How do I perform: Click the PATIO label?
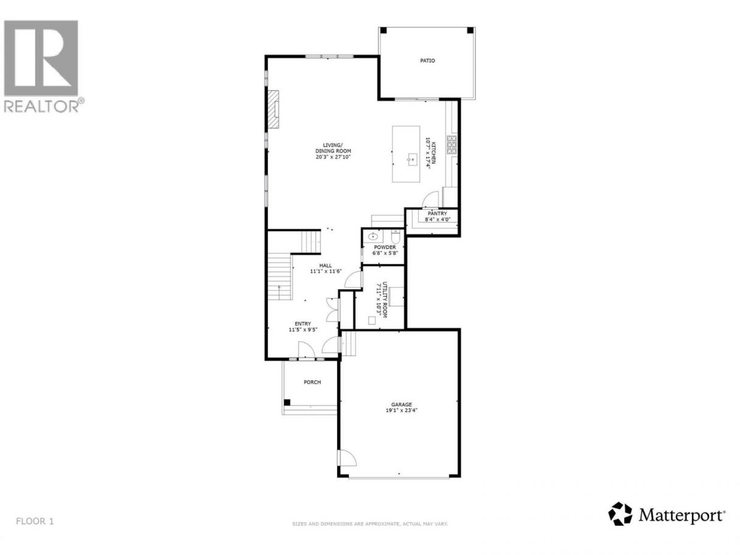(427, 61)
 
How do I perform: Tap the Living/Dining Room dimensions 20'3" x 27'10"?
(333, 156)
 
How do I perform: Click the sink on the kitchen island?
(412, 158)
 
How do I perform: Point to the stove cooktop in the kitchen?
(452, 145)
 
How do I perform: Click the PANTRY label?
(438, 214)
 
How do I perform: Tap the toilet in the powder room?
(396, 237)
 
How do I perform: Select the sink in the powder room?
(373, 236)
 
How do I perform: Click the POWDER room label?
(385, 247)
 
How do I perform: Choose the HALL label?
(326, 265)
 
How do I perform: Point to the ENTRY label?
(302, 324)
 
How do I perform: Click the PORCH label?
(312, 382)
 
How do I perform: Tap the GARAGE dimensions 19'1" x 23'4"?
(402, 410)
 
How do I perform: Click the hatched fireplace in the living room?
(273, 109)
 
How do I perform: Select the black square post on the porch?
(287, 402)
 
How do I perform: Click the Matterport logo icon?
(620, 523)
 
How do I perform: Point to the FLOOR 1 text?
(35, 522)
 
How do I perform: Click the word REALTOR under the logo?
(42, 106)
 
